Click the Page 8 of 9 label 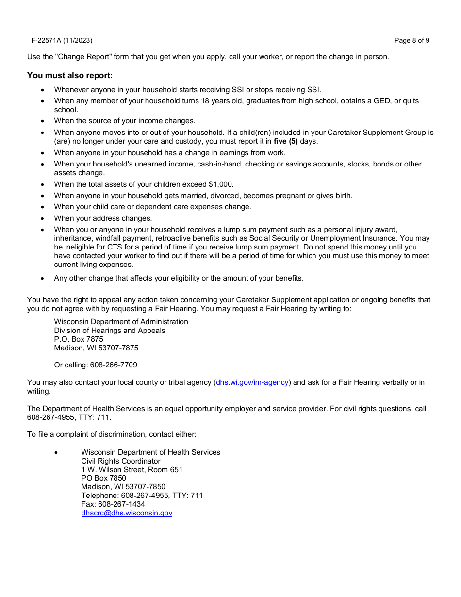[x=412, y=40]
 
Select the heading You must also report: [x=70, y=75]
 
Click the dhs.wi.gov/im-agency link [x=252, y=382]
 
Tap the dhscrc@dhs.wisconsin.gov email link [x=127, y=513]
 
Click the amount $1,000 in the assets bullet [x=220, y=184]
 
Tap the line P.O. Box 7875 [x=79, y=339]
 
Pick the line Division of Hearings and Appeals [x=110, y=331]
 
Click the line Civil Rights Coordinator [x=121, y=461]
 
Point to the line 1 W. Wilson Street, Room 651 [x=132, y=470]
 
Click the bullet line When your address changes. [x=103, y=218]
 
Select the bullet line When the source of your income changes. [x=124, y=121]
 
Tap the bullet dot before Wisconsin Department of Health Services [x=56, y=452]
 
